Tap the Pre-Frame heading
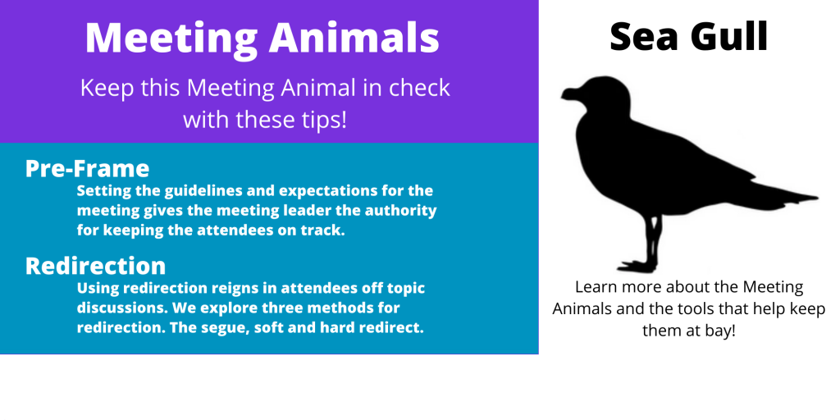[87, 168]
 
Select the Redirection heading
[95, 266]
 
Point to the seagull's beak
[569, 94]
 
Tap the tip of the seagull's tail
[818, 198]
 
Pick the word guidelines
[209, 190]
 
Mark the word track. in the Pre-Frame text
[321, 231]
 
